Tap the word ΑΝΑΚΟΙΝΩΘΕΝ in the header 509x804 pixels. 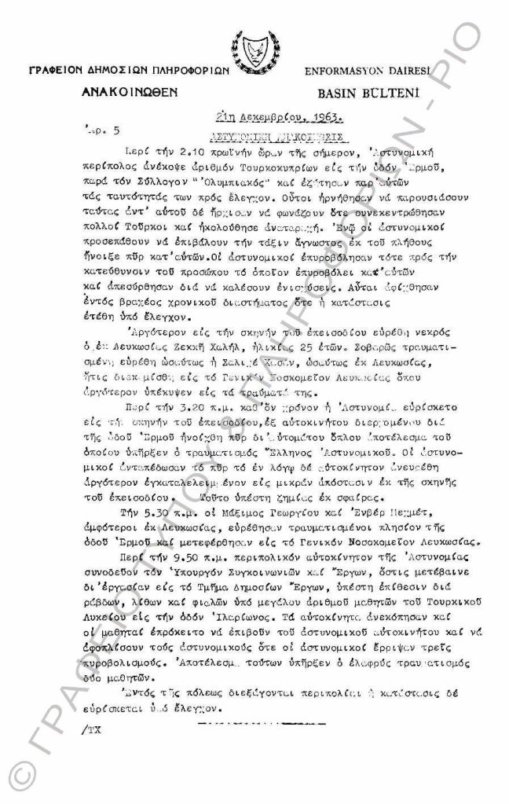tap(130, 92)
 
